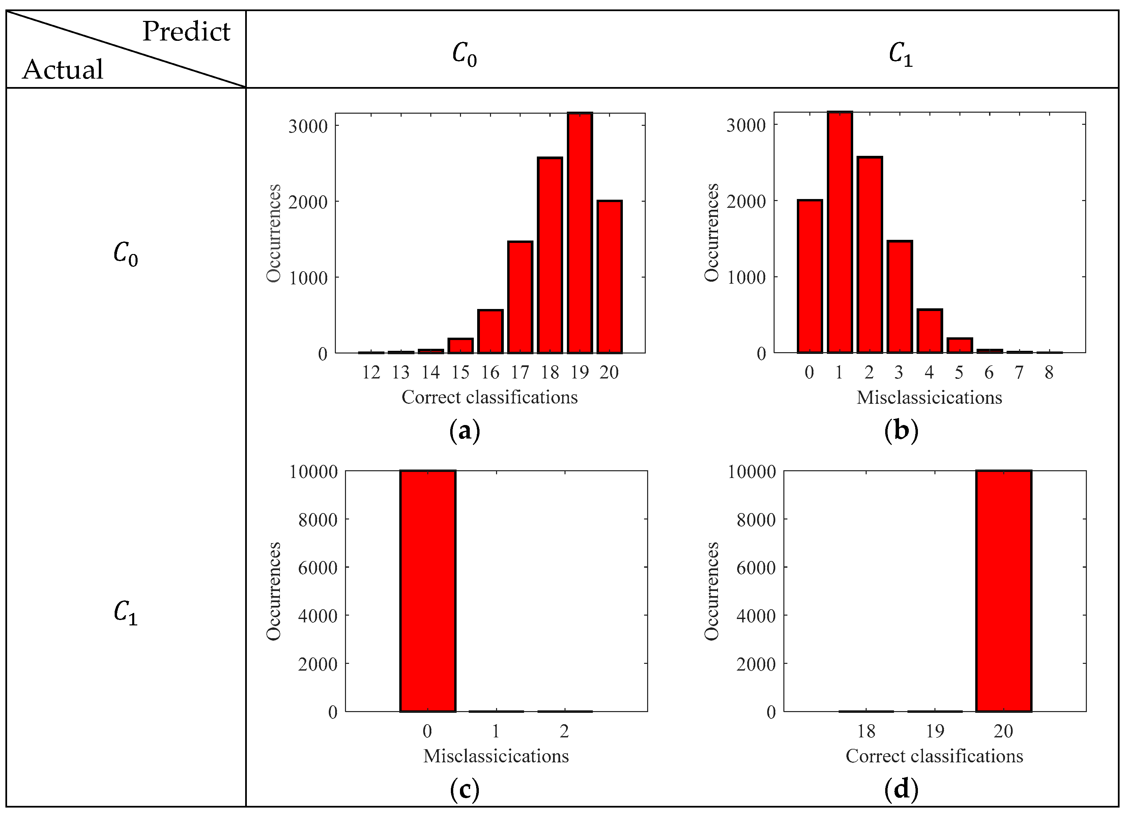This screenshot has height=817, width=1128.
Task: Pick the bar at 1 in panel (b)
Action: [x=840, y=232]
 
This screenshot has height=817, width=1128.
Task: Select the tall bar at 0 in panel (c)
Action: [x=427, y=591]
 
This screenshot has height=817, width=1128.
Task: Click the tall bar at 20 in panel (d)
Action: [x=1003, y=591]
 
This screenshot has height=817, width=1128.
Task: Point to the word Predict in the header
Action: [x=186, y=32]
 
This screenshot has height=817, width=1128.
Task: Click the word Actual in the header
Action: [x=63, y=69]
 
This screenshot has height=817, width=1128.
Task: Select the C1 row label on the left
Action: [x=125, y=613]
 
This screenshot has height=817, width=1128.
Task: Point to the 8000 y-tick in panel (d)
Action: [x=755, y=520]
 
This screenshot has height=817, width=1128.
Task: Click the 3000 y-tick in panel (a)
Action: [x=308, y=126]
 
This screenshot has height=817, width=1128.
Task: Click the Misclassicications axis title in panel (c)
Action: [x=496, y=756]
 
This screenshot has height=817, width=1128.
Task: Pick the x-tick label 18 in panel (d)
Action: [x=866, y=731]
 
